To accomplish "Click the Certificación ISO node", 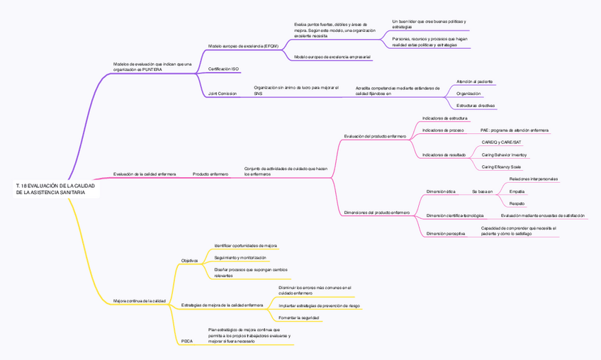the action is tap(223, 69).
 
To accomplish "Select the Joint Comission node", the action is tap(223, 94).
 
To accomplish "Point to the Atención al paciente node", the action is tap(474, 81).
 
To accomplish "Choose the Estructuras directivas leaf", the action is tap(476, 106).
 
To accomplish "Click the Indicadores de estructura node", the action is tap(444, 118).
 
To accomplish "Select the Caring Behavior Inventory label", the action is tap(504, 154).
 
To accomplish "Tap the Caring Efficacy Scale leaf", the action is tap(501, 167).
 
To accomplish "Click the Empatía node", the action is tap(517, 191).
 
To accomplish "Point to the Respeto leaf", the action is tap(517, 203).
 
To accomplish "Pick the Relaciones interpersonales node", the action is tap(533, 179).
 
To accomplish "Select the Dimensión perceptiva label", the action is tap(445, 233).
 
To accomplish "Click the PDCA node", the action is tap(186, 341).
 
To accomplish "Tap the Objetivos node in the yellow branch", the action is tap(189, 261).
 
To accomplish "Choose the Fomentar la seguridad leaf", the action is tap(298, 317).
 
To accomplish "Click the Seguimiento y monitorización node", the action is tap(240, 257).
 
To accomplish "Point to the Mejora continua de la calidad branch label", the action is tap(140, 301).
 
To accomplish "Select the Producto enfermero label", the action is tap(210, 174).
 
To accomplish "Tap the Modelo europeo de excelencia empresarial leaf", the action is tap(332, 57).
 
